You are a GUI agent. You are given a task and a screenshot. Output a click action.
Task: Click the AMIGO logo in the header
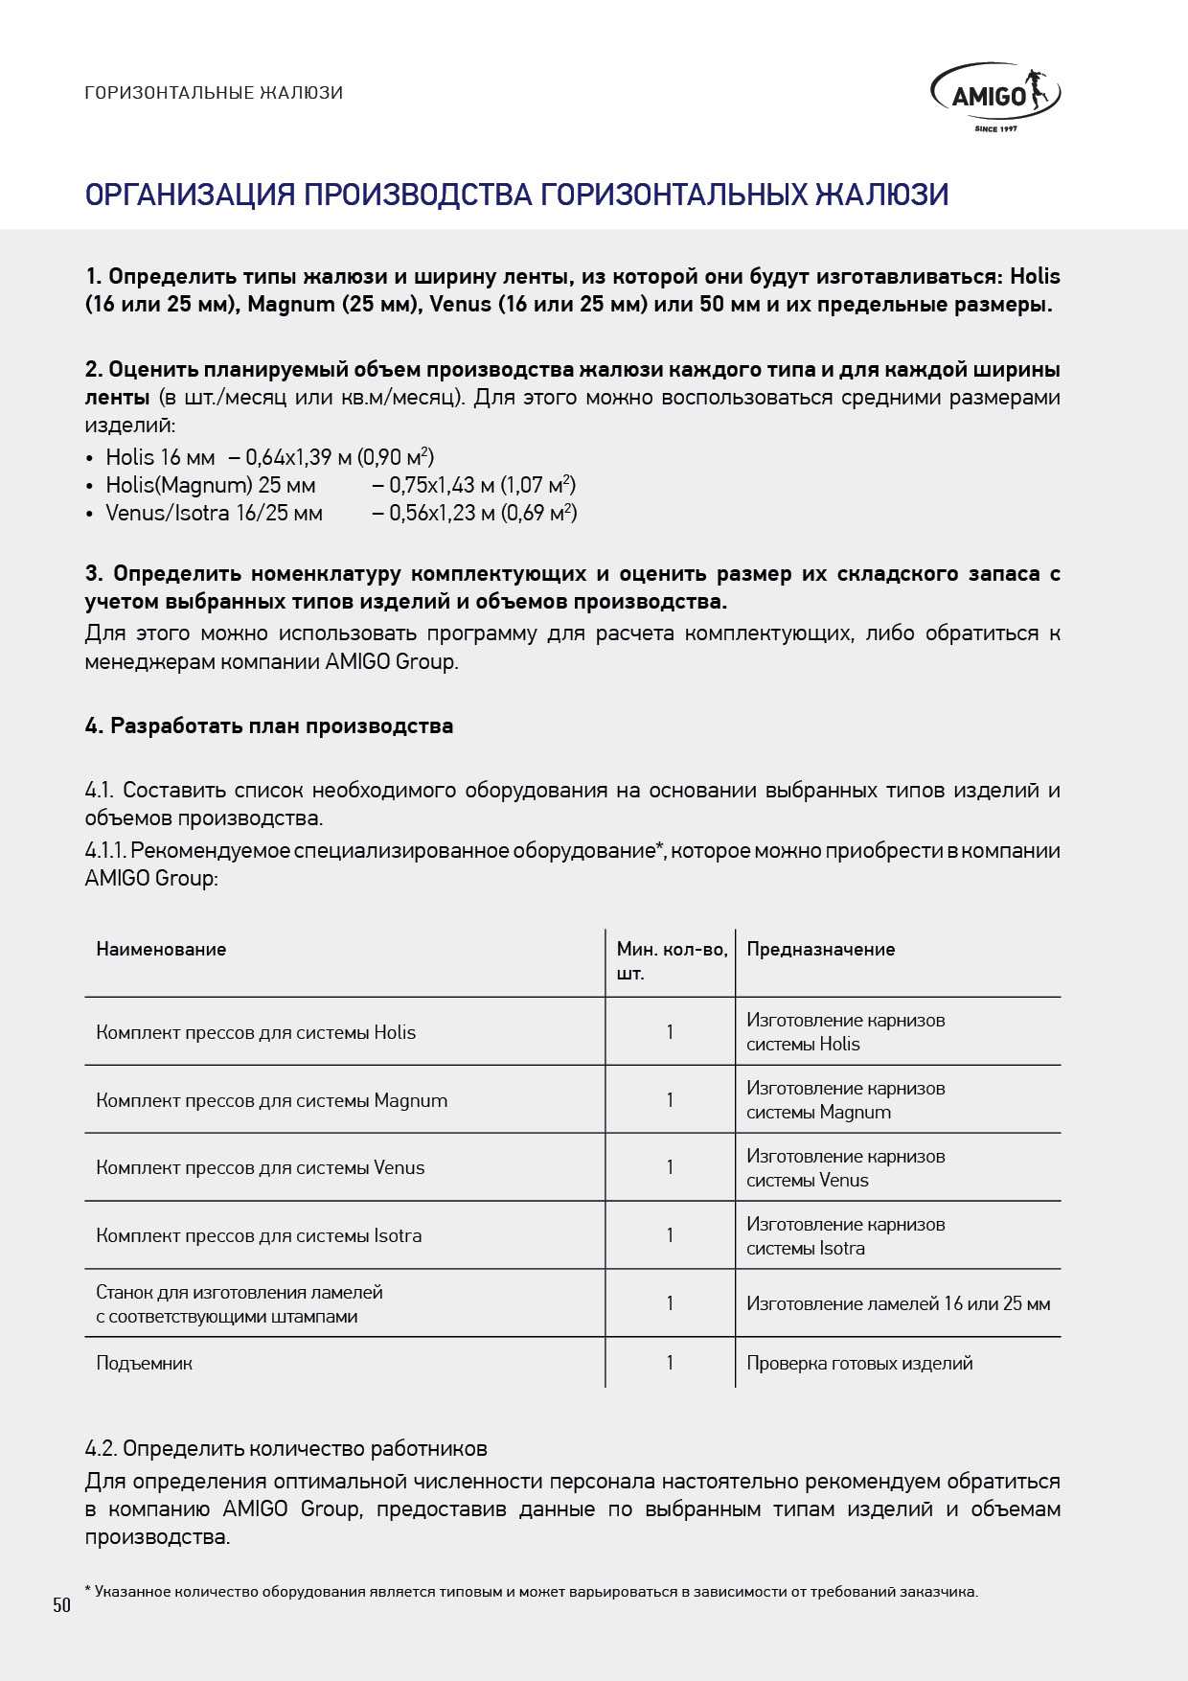click(x=995, y=97)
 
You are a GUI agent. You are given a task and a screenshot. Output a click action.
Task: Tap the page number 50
click(x=62, y=1605)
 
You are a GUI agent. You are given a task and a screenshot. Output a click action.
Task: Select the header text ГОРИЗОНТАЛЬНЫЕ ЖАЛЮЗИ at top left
click(x=214, y=93)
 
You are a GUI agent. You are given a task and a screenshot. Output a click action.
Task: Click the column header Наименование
click(x=161, y=950)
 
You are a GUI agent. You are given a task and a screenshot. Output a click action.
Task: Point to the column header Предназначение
click(x=820, y=950)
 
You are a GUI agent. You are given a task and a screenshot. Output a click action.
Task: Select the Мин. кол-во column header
click(x=671, y=961)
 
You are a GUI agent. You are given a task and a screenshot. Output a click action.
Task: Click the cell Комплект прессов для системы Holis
click(x=256, y=1032)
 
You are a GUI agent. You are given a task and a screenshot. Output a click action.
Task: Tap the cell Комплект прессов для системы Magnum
click(x=271, y=1100)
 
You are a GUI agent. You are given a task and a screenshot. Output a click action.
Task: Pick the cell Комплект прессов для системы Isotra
click(x=259, y=1236)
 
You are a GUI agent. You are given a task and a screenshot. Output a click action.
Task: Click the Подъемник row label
click(x=144, y=1364)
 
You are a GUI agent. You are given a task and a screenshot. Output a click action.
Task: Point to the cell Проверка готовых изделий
click(x=859, y=1364)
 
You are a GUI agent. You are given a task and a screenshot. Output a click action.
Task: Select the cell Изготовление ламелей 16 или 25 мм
click(x=898, y=1304)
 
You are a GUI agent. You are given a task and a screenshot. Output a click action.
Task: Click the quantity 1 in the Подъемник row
click(x=670, y=1363)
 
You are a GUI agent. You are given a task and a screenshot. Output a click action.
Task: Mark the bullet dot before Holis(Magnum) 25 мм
click(x=90, y=486)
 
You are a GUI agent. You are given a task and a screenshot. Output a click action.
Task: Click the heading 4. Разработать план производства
click(x=269, y=726)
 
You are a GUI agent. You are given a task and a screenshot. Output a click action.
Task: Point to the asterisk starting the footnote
click(x=88, y=1590)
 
